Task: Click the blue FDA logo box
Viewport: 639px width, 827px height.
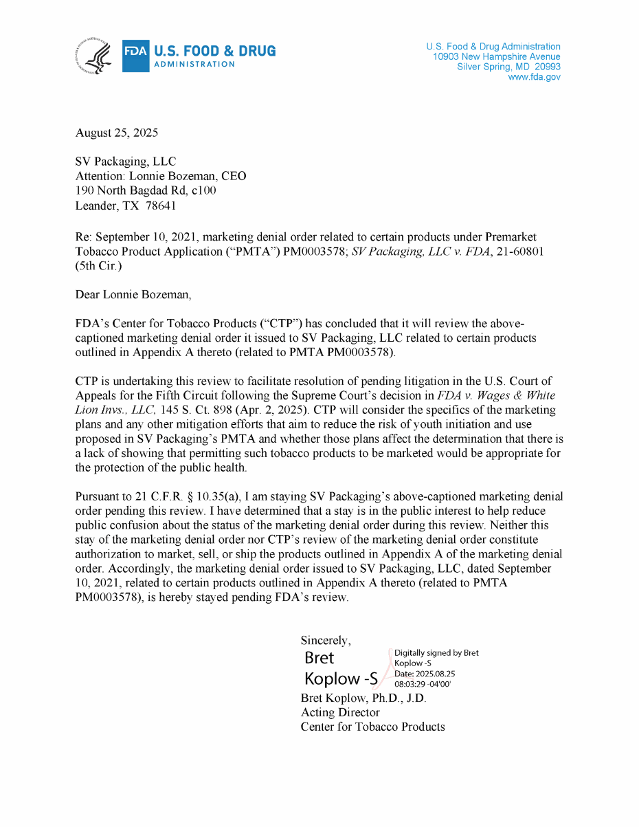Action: point(135,56)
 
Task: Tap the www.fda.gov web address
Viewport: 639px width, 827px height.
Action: point(534,78)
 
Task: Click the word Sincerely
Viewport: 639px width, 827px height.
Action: point(326,640)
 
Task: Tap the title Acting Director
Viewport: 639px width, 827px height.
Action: point(340,712)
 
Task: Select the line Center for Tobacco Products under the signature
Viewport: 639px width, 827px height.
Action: point(372,727)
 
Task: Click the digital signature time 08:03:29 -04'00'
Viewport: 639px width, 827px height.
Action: point(423,684)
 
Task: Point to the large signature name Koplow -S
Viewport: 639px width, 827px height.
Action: point(341,679)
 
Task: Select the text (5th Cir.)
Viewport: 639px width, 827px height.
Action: point(98,266)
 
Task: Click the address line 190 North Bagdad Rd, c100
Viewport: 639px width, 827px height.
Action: point(146,190)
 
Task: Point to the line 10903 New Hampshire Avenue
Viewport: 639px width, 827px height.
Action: point(496,57)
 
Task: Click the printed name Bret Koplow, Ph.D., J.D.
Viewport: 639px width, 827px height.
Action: point(363,698)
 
